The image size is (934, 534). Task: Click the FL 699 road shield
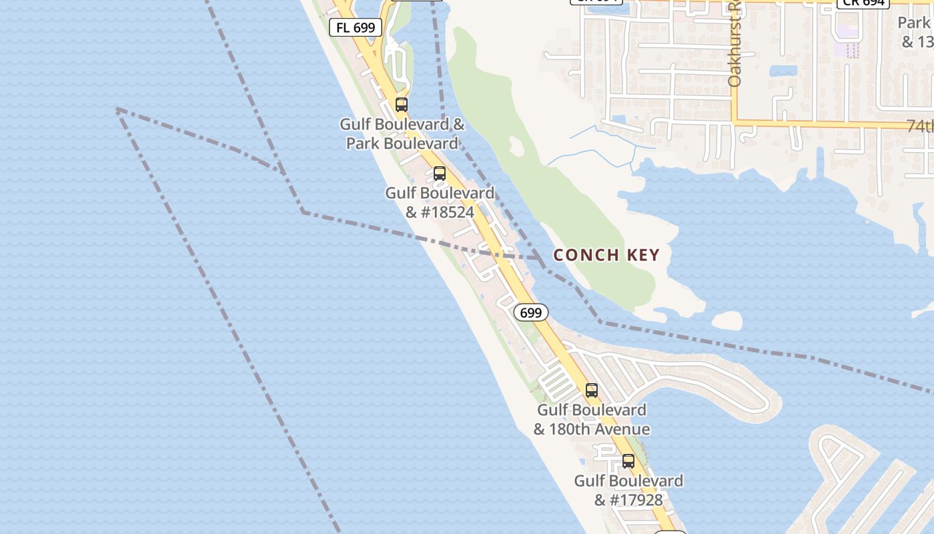356,27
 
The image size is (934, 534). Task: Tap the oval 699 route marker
531,312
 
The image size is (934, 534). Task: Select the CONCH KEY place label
606,255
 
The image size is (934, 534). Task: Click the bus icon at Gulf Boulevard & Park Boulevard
401,105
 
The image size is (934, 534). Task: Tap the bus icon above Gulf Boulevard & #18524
439,174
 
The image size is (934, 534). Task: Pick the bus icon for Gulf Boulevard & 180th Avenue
591,390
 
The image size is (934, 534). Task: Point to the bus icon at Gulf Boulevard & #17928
628,461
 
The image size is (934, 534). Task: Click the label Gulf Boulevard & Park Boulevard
402,133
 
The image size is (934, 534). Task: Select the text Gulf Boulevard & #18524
440,202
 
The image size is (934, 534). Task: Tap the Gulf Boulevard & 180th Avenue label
591,419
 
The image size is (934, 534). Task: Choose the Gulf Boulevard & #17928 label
628,490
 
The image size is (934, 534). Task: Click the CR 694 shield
863,3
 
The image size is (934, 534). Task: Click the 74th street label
920,125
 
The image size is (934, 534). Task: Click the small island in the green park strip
516,146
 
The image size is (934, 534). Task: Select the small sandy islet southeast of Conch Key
727,320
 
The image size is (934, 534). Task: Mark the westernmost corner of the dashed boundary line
117,109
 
